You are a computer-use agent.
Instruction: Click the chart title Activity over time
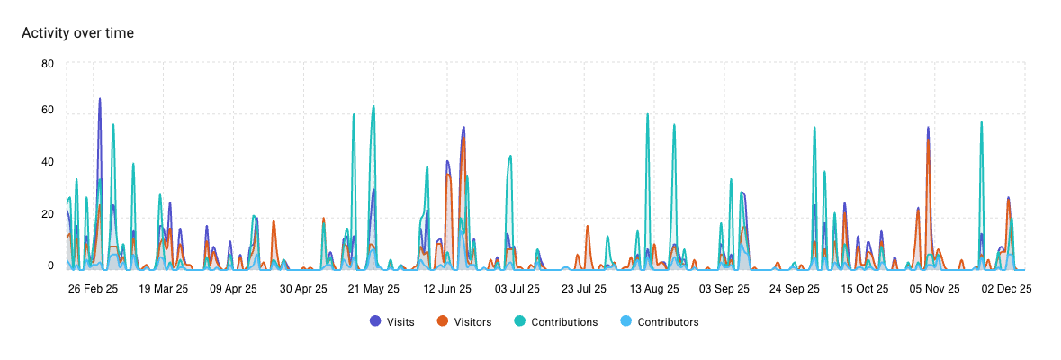click(x=77, y=33)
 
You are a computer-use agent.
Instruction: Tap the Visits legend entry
click(x=394, y=321)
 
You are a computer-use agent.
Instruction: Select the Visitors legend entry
click(x=464, y=321)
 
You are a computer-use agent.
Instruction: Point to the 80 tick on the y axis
click(x=48, y=64)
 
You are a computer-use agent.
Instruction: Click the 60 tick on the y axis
click(x=48, y=112)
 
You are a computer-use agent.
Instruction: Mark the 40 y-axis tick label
click(x=48, y=163)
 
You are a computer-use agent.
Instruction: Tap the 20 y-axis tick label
click(x=48, y=214)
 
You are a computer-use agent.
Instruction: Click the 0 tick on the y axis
click(x=50, y=266)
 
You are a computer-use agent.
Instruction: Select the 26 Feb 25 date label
click(x=93, y=290)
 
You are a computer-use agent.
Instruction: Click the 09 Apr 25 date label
click(x=233, y=290)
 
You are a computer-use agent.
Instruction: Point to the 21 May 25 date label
click(x=373, y=290)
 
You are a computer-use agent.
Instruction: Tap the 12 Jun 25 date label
click(x=444, y=290)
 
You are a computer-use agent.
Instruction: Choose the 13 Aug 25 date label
click(x=653, y=290)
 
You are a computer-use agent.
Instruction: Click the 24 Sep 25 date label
click(x=794, y=290)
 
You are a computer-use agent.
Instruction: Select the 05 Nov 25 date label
click(x=934, y=290)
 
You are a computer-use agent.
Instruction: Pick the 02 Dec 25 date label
click(x=1005, y=290)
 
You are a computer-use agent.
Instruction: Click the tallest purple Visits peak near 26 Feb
click(x=99, y=98)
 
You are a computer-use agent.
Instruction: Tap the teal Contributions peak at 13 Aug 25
click(x=647, y=115)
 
